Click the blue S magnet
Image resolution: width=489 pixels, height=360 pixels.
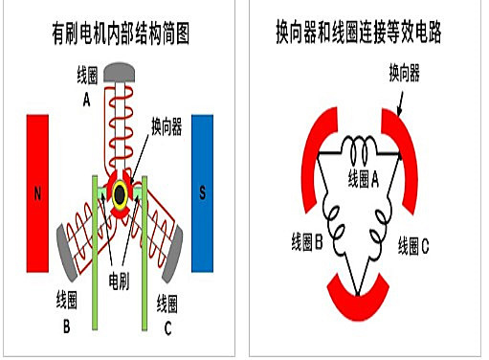pos(202,192)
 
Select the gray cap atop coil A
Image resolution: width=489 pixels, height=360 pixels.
pos(121,72)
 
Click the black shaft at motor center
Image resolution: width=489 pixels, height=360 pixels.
pos(121,194)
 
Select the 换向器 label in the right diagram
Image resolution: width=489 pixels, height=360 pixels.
pos(407,73)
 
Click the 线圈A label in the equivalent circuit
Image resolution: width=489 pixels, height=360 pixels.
pos(364,179)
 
